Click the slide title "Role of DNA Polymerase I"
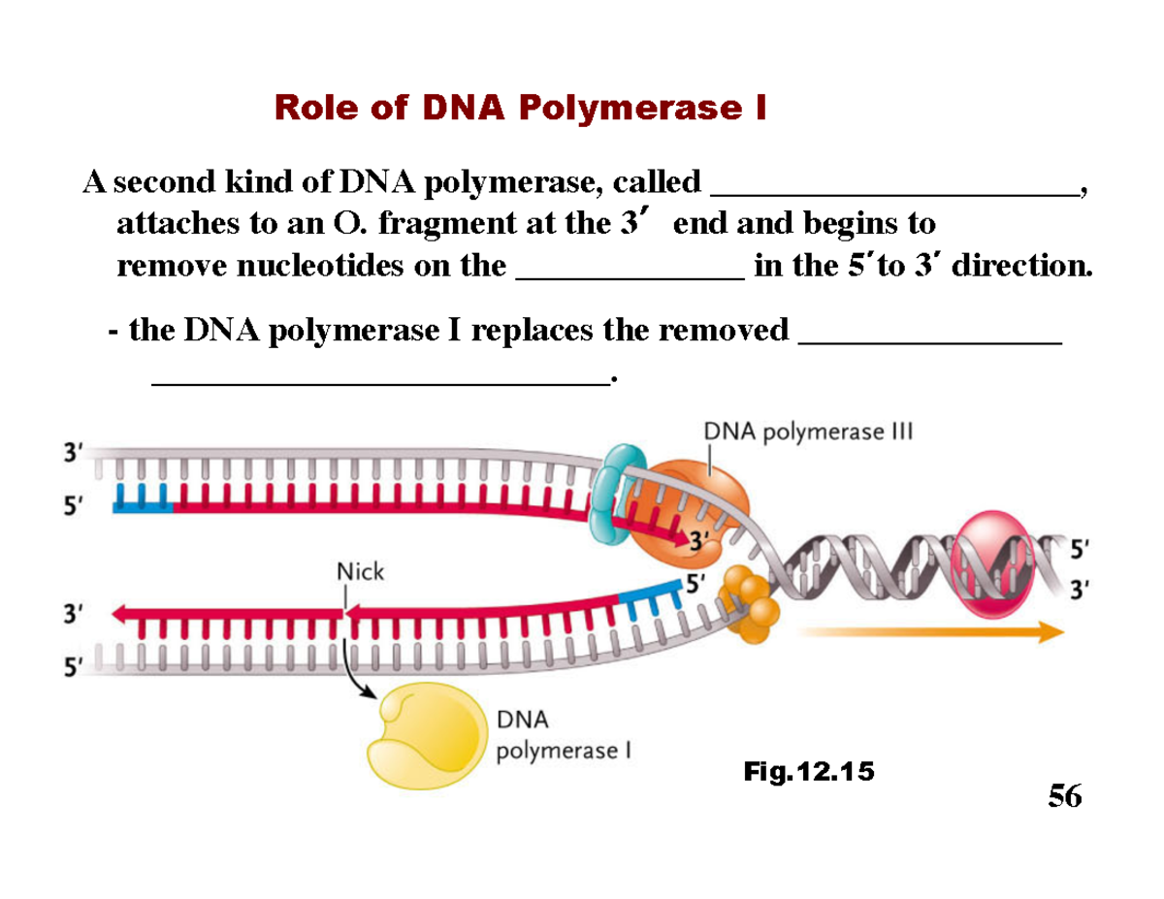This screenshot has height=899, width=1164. pyautogui.click(x=521, y=108)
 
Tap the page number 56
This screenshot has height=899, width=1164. pyautogui.click(x=1064, y=796)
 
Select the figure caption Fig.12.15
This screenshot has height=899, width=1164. pyautogui.click(x=808, y=772)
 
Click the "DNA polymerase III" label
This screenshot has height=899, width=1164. pyautogui.click(x=809, y=431)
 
